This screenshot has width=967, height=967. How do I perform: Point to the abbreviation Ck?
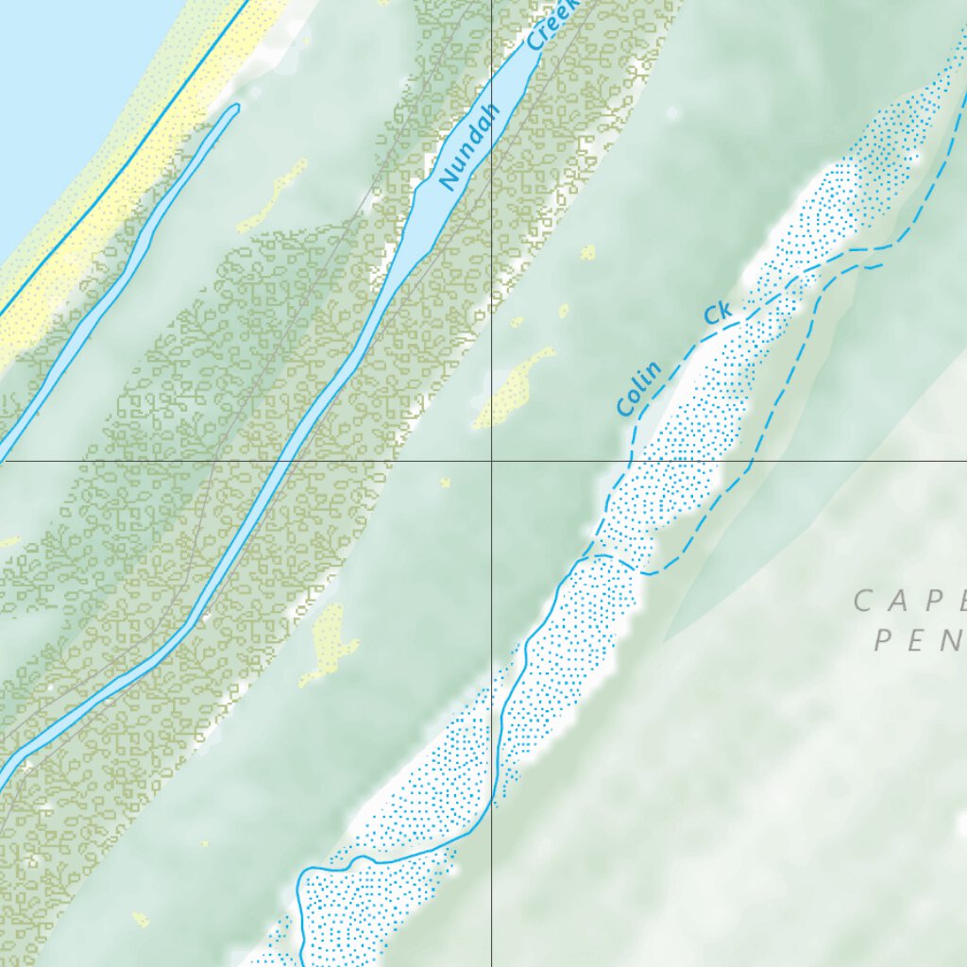pos(718,315)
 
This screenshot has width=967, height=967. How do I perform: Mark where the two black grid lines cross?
pos(491,462)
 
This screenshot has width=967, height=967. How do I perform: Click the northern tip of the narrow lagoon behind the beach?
pos(235,108)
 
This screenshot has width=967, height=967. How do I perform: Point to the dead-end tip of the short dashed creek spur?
pos(881,265)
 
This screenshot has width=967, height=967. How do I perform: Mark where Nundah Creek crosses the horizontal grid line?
pos(280,462)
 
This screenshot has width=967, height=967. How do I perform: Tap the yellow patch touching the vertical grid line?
pos(515,387)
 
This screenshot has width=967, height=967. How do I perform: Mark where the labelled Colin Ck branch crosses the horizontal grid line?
pos(629,462)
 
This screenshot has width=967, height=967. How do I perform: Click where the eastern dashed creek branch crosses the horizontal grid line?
pos(753,462)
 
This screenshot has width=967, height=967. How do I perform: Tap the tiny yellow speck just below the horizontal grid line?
pos(445,483)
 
